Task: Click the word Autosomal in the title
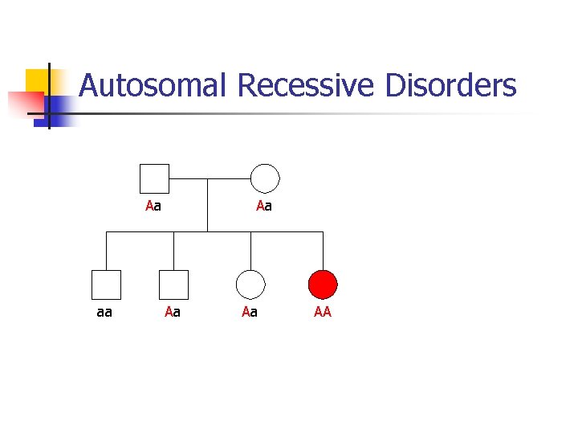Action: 153,85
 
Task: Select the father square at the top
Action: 154,178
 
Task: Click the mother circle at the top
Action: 265,178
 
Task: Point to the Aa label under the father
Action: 153,207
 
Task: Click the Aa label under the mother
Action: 264,207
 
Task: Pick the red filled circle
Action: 323,285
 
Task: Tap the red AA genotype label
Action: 323,312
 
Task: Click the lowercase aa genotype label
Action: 104,312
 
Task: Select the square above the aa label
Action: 106,285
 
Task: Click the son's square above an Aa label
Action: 173,285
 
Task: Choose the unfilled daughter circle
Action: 250,285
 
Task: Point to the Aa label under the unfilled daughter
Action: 250,312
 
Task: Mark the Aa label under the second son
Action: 172,312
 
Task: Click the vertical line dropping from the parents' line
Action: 208,206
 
